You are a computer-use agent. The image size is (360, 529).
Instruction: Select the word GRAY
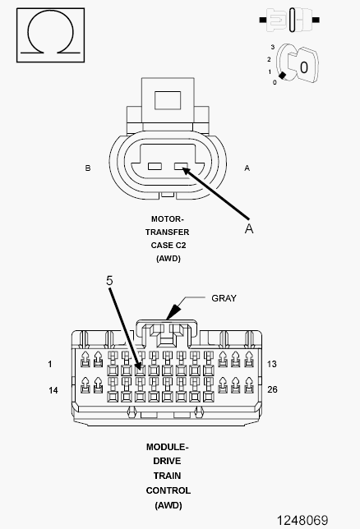pyautogui.click(x=224, y=298)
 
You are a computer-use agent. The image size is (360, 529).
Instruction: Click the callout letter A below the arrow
pyautogui.click(x=249, y=229)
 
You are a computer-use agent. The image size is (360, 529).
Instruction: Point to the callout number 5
pyautogui.click(x=109, y=281)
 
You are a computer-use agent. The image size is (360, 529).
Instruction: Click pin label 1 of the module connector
pyautogui.click(x=49, y=363)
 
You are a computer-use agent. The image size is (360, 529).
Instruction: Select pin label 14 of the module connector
pyautogui.click(x=53, y=389)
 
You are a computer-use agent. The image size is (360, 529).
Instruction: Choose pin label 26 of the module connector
pyautogui.click(x=274, y=389)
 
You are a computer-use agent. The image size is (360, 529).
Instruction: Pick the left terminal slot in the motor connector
pyautogui.click(x=153, y=168)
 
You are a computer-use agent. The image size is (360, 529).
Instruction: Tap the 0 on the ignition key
pyautogui.click(x=303, y=67)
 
